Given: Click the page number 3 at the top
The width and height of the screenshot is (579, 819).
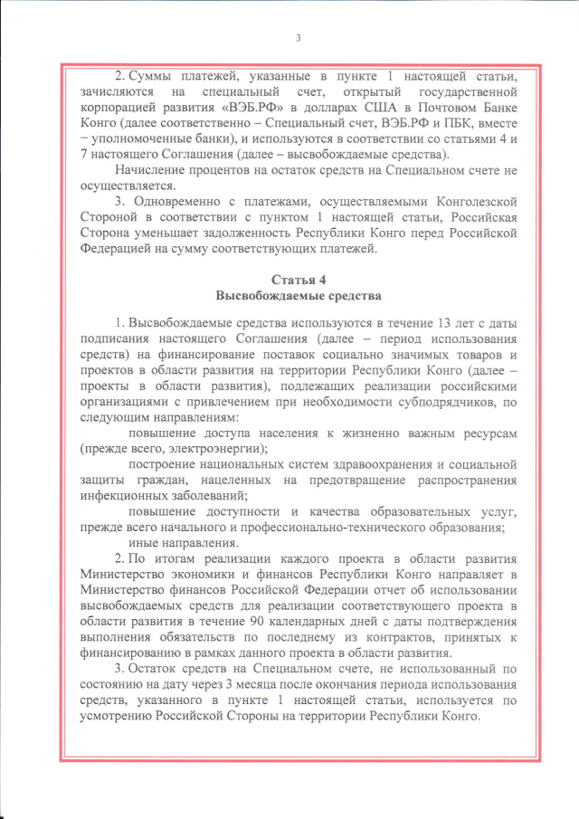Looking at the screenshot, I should coord(298,37).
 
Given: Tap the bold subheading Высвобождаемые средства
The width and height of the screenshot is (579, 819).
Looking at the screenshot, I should coord(299,295).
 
